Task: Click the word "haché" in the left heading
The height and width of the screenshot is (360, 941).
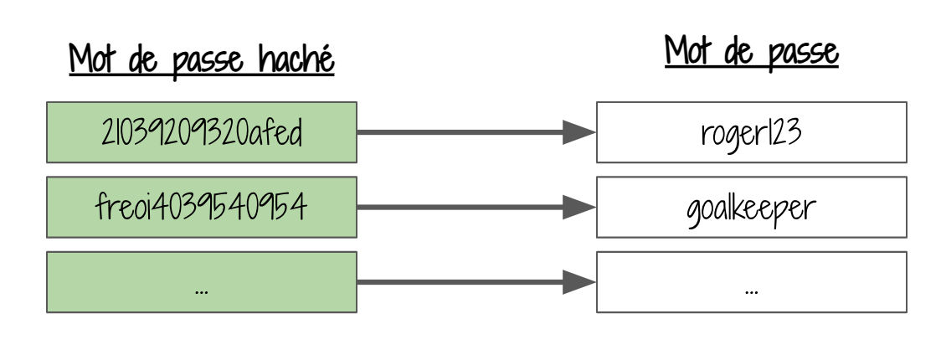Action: (296, 59)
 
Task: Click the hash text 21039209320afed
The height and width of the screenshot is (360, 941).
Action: (202, 132)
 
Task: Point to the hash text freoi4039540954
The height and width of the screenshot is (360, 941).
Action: (202, 207)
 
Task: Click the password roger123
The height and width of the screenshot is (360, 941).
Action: (751, 133)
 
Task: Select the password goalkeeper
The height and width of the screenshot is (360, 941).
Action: (751, 209)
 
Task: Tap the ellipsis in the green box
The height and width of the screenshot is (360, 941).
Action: (202, 291)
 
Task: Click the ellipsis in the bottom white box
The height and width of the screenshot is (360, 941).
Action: (751, 291)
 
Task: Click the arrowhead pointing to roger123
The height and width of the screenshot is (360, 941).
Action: (578, 132)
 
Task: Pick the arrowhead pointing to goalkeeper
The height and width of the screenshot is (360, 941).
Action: (578, 207)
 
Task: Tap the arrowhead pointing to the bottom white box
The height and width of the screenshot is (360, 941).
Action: (578, 282)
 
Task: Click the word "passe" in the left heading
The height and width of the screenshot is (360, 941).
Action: (208, 63)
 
